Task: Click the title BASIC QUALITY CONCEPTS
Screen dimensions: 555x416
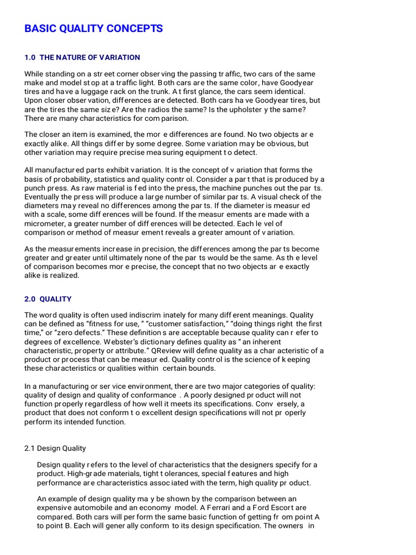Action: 93,29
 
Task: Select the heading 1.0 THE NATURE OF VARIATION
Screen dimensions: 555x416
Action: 82,57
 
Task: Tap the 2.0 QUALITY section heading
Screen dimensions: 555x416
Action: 48,299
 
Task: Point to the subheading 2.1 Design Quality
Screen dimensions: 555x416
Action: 55,448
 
